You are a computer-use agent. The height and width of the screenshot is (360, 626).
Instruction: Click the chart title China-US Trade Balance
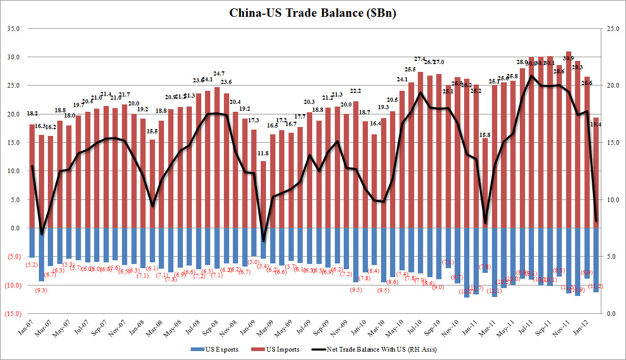click(x=312, y=13)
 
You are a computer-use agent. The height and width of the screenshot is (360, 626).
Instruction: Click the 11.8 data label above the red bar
click(x=263, y=153)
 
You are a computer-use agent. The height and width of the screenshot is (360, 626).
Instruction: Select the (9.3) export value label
click(x=42, y=290)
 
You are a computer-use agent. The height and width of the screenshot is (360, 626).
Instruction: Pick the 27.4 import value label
click(x=419, y=59)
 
